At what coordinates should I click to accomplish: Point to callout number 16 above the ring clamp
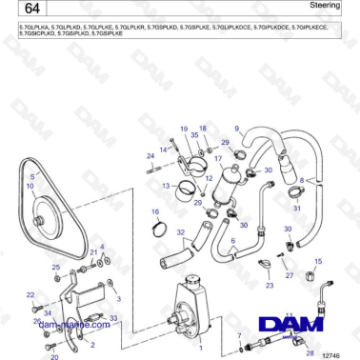[156, 211]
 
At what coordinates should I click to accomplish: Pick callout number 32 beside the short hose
[181, 231]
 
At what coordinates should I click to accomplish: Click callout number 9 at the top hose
[237, 128]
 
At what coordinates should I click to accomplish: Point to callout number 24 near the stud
[150, 155]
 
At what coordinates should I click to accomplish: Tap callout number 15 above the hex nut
[318, 260]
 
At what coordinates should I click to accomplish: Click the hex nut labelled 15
[318, 274]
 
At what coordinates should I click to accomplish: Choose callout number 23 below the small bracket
[269, 285]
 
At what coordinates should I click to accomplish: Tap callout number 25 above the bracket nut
[55, 268]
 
